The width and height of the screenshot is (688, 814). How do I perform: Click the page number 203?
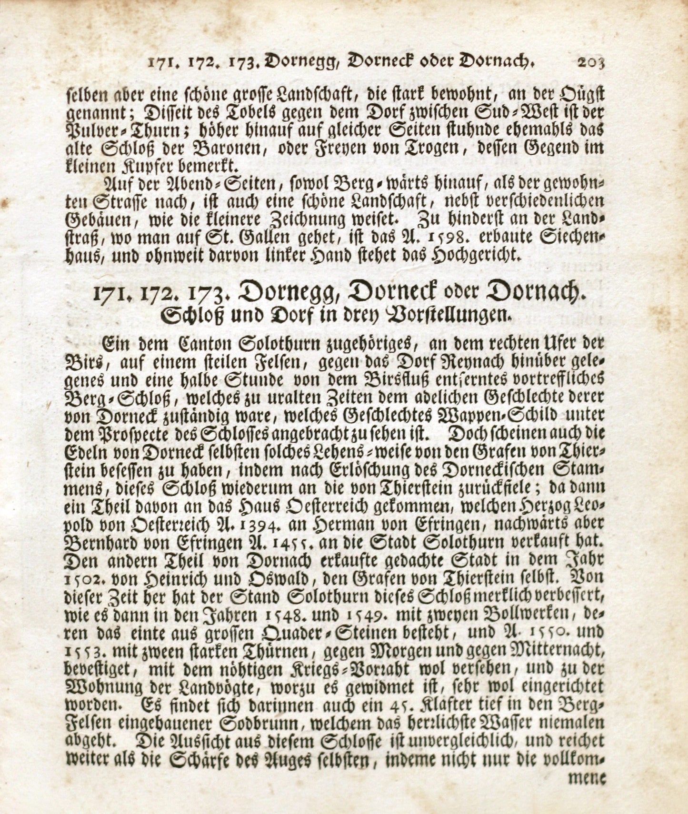click(590, 62)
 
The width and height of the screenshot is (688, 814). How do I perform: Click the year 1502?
click(81, 579)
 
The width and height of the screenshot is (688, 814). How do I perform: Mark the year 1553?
click(81, 652)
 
